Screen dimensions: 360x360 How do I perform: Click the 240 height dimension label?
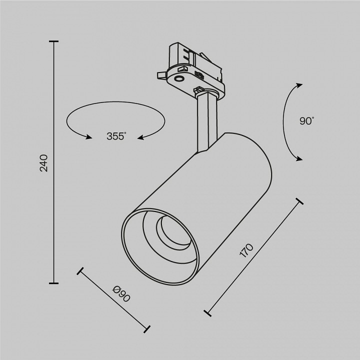coord(44,163)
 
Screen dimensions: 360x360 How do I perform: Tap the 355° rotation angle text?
coord(116,136)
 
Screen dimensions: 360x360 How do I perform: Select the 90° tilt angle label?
coord(306,120)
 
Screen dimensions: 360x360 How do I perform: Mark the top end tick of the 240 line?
coord(54,42)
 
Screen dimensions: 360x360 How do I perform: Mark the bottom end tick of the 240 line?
coord(54,283)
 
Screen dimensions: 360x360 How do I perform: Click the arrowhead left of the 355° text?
coord(89,136)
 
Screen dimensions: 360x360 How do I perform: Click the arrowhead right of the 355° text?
coord(141,137)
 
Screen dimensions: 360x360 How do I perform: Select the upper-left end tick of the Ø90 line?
coord(79,271)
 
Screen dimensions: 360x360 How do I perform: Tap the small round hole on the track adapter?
coord(178,78)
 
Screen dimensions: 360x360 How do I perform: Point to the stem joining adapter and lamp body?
coord(206,120)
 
